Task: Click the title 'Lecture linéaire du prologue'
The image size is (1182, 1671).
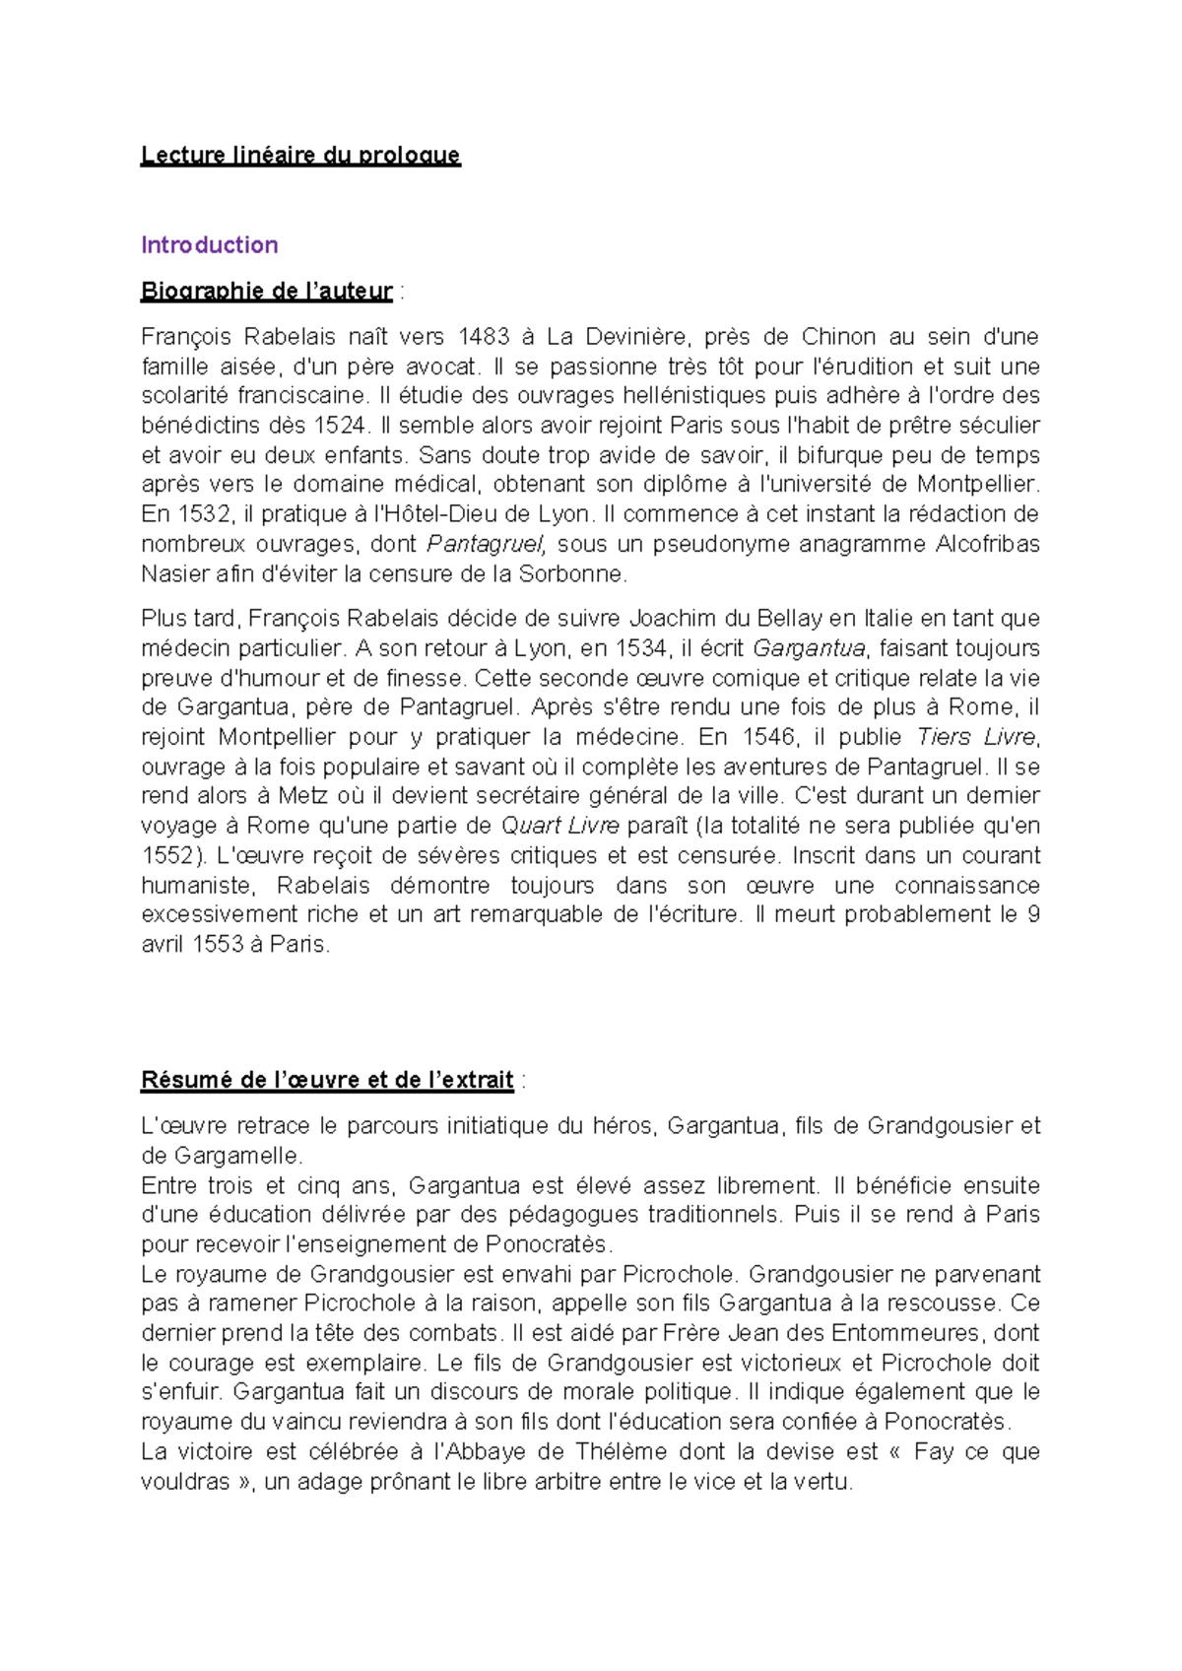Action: pyautogui.click(x=299, y=155)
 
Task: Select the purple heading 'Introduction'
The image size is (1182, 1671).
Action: pyautogui.click(x=209, y=244)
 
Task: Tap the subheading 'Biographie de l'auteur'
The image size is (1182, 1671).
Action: pyautogui.click(x=266, y=291)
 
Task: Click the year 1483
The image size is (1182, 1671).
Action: pyautogui.click(x=484, y=337)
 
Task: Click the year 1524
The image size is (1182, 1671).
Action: pyautogui.click(x=340, y=426)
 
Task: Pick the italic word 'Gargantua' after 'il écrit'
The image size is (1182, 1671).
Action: pyautogui.click(x=809, y=648)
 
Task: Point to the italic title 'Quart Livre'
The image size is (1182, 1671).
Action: pyautogui.click(x=559, y=826)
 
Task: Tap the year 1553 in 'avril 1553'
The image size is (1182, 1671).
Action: pyautogui.click(x=218, y=944)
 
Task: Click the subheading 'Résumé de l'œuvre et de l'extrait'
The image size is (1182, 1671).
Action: pyautogui.click(x=327, y=1080)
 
